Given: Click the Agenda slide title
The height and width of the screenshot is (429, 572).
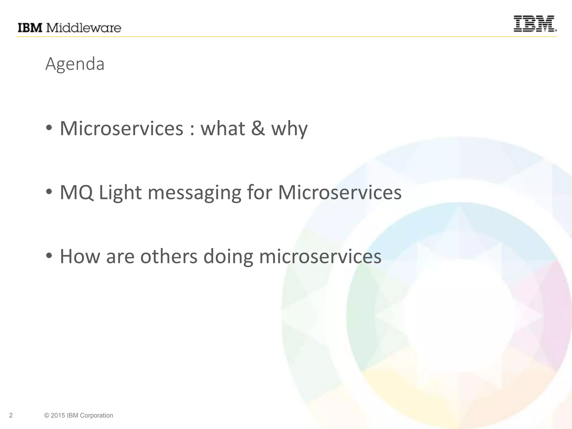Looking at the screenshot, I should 75,64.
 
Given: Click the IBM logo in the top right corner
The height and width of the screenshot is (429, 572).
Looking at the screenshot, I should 535,24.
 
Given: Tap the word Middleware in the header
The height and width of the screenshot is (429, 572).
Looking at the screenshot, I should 84,28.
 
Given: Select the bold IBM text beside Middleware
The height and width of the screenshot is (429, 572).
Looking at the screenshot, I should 30,28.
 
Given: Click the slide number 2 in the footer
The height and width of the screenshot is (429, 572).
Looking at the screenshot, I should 11,415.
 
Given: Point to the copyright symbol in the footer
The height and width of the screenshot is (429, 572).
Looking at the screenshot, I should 46,415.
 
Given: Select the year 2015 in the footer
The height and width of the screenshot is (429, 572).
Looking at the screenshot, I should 58,415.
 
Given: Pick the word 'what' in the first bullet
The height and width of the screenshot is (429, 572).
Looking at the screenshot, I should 223,128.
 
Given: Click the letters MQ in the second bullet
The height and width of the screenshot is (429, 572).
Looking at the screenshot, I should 77,193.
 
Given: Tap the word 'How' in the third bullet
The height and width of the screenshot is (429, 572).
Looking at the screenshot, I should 80,256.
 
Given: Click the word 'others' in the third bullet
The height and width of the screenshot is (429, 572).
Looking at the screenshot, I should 169,256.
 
